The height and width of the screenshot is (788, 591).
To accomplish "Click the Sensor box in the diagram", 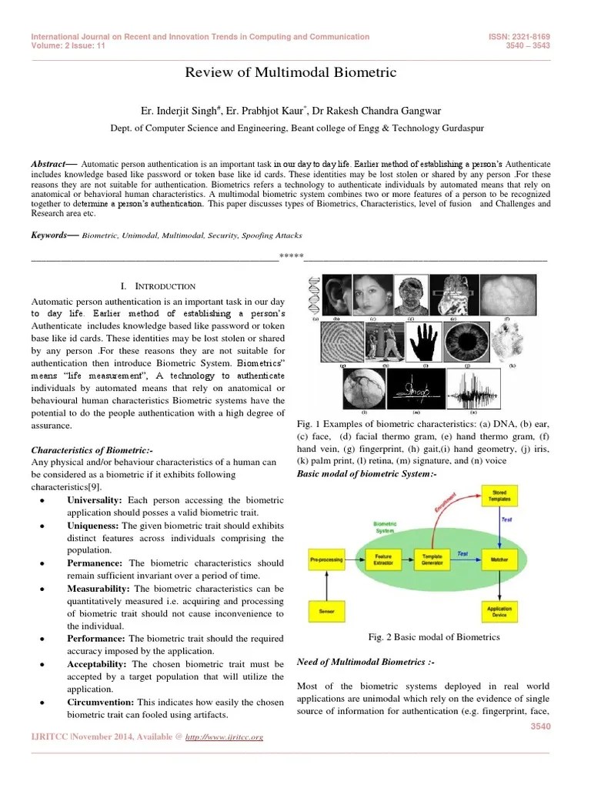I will click(x=326, y=613).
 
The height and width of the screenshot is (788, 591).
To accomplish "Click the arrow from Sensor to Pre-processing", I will click(x=326, y=584).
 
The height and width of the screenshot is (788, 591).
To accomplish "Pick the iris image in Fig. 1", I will click(x=466, y=339).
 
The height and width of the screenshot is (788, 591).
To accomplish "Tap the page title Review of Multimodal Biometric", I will click(x=291, y=73).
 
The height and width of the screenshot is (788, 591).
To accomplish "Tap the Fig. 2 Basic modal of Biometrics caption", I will click(x=434, y=637).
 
